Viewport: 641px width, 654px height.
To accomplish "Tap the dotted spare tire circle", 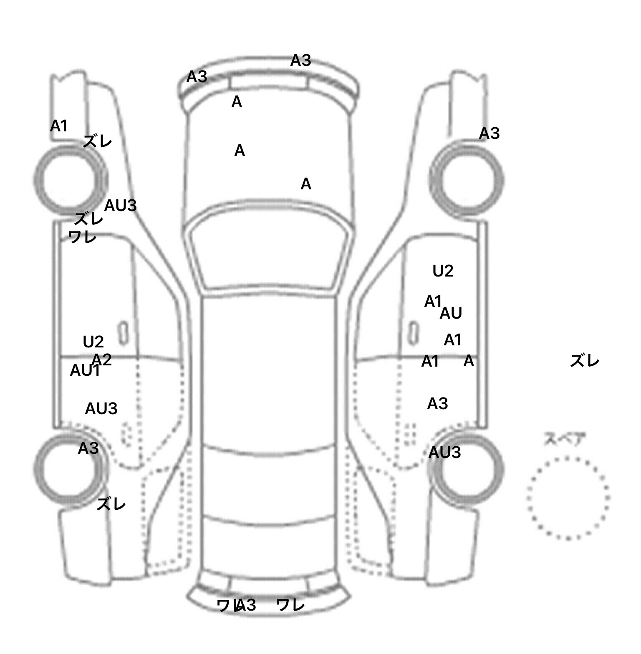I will pyautogui.click(x=568, y=497).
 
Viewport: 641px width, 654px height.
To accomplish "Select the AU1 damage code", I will pyautogui.click(x=85, y=370).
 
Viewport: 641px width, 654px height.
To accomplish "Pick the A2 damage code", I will pyautogui.click(x=102, y=360).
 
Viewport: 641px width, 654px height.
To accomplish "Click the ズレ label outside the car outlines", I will pyautogui.click(x=584, y=361).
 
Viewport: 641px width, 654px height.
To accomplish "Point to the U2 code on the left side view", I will pyautogui.click(x=93, y=342).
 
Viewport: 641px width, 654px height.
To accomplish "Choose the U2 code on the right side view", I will pyautogui.click(x=443, y=271).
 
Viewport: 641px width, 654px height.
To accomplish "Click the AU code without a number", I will pyautogui.click(x=451, y=313).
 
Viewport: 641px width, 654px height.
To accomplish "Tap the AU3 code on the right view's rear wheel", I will pyautogui.click(x=444, y=453).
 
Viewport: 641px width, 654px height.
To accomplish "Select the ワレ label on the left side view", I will pyautogui.click(x=82, y=237).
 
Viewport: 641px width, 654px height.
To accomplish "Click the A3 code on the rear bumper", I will pyautogui.click(x=246, y=605).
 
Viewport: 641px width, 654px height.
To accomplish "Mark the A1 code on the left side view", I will pyautogui.click(x=58, y=126).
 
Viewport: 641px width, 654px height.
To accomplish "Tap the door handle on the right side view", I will pyautogui.click(x=413, y=333).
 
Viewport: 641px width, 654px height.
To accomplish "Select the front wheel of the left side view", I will pyautogui.click(x=70, y=179).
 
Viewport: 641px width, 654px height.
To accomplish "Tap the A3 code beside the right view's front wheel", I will pyautogui.click(x=489, y=133).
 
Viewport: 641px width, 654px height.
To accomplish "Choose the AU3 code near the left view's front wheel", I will pyautogui.click(x=120, y=206).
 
